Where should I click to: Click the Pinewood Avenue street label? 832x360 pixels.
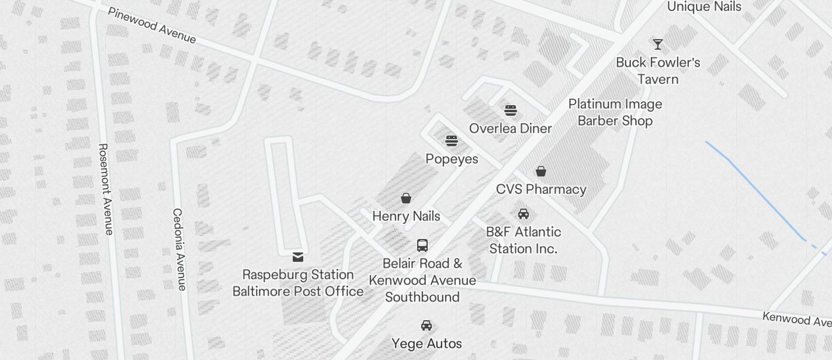tap(151, 26)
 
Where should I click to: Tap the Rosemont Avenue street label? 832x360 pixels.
tap(105, 189)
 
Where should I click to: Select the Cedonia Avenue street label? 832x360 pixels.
tap(179, 249)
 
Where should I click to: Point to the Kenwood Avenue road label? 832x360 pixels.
tap(796, 319)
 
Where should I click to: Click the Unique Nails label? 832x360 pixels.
tap(703, 7)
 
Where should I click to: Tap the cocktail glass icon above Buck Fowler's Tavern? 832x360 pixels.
tap(658, 44)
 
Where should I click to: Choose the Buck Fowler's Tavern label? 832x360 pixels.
tap(658, 71)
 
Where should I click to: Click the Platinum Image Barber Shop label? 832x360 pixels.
tap(615, 112)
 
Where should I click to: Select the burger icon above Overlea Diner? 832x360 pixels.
tap(511, 110)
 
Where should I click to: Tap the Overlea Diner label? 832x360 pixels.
tap(511, 129)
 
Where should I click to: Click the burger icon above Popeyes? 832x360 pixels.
tap(452, 141)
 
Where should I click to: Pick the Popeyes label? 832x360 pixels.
tap(452, 159)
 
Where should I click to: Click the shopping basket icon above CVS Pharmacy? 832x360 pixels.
tap(541, 171)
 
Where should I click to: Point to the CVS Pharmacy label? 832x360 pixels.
tap(541, 189)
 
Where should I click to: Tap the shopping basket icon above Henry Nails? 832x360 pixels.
tap(406, 199)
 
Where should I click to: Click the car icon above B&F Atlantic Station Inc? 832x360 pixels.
tap(524, 214)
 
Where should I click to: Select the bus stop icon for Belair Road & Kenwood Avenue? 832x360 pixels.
tap(422, 245)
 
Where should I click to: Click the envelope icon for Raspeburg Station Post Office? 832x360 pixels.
tap(298, 257)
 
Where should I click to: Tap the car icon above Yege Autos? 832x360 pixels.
tap(427, 326)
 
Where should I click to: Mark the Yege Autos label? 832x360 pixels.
tap(427, 344)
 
